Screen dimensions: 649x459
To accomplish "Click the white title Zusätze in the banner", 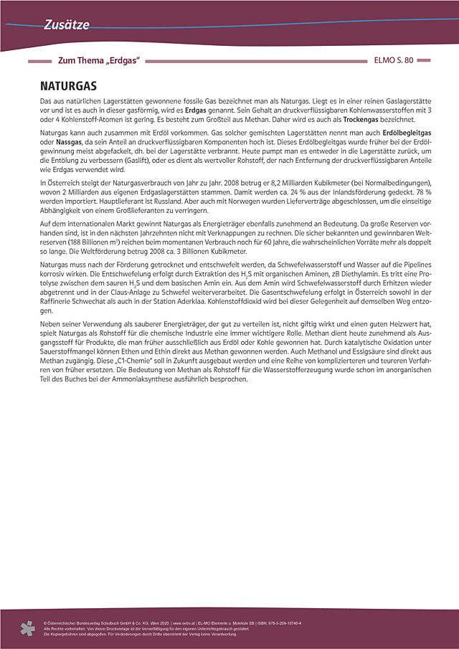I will pyautogui.click(x=66, y=25).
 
